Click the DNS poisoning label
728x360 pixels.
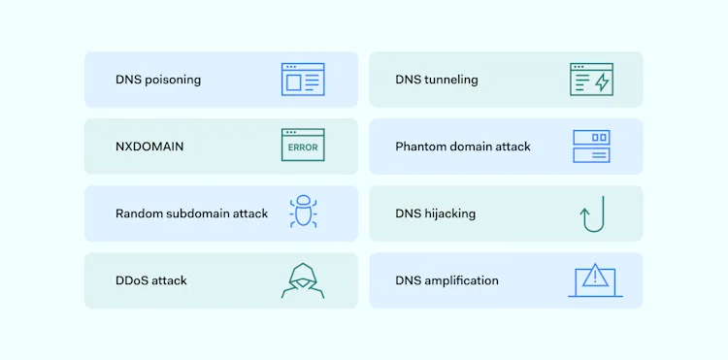point(158,80)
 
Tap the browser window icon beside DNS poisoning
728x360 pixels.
point(303,80)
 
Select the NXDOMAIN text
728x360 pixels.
point(149,147)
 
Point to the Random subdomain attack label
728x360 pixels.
point(191,213)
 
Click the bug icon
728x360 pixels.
point(303,213)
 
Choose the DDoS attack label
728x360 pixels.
point(151,280)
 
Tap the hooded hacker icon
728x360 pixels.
point(303,280)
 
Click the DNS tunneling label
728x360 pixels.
point(437,80)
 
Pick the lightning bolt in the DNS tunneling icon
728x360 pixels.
point(602,82)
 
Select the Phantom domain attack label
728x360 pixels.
point(463,147)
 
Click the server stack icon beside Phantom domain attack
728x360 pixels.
point(591,147)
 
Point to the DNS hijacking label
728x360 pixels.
point(436,213)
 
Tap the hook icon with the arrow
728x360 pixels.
point(592,213)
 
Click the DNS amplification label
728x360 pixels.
point(447,280)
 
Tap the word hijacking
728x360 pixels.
point(449,213)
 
